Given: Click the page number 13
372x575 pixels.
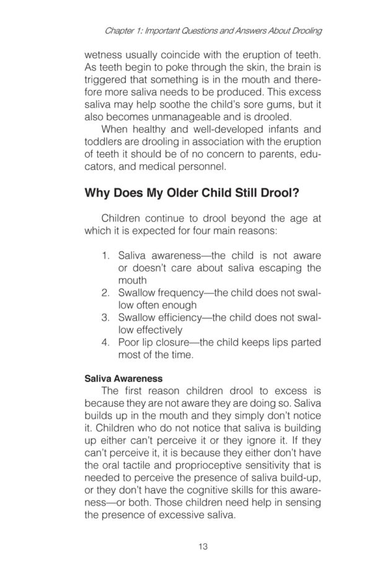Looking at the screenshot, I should tap(202, 546).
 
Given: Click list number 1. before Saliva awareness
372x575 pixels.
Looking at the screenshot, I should tap(105, 255).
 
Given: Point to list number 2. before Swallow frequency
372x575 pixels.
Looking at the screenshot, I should tap(105, 293).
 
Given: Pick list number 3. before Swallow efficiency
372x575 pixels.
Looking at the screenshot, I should tap(105, 318).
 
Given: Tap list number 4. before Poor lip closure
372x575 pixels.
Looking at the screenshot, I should tap(105, 342).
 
